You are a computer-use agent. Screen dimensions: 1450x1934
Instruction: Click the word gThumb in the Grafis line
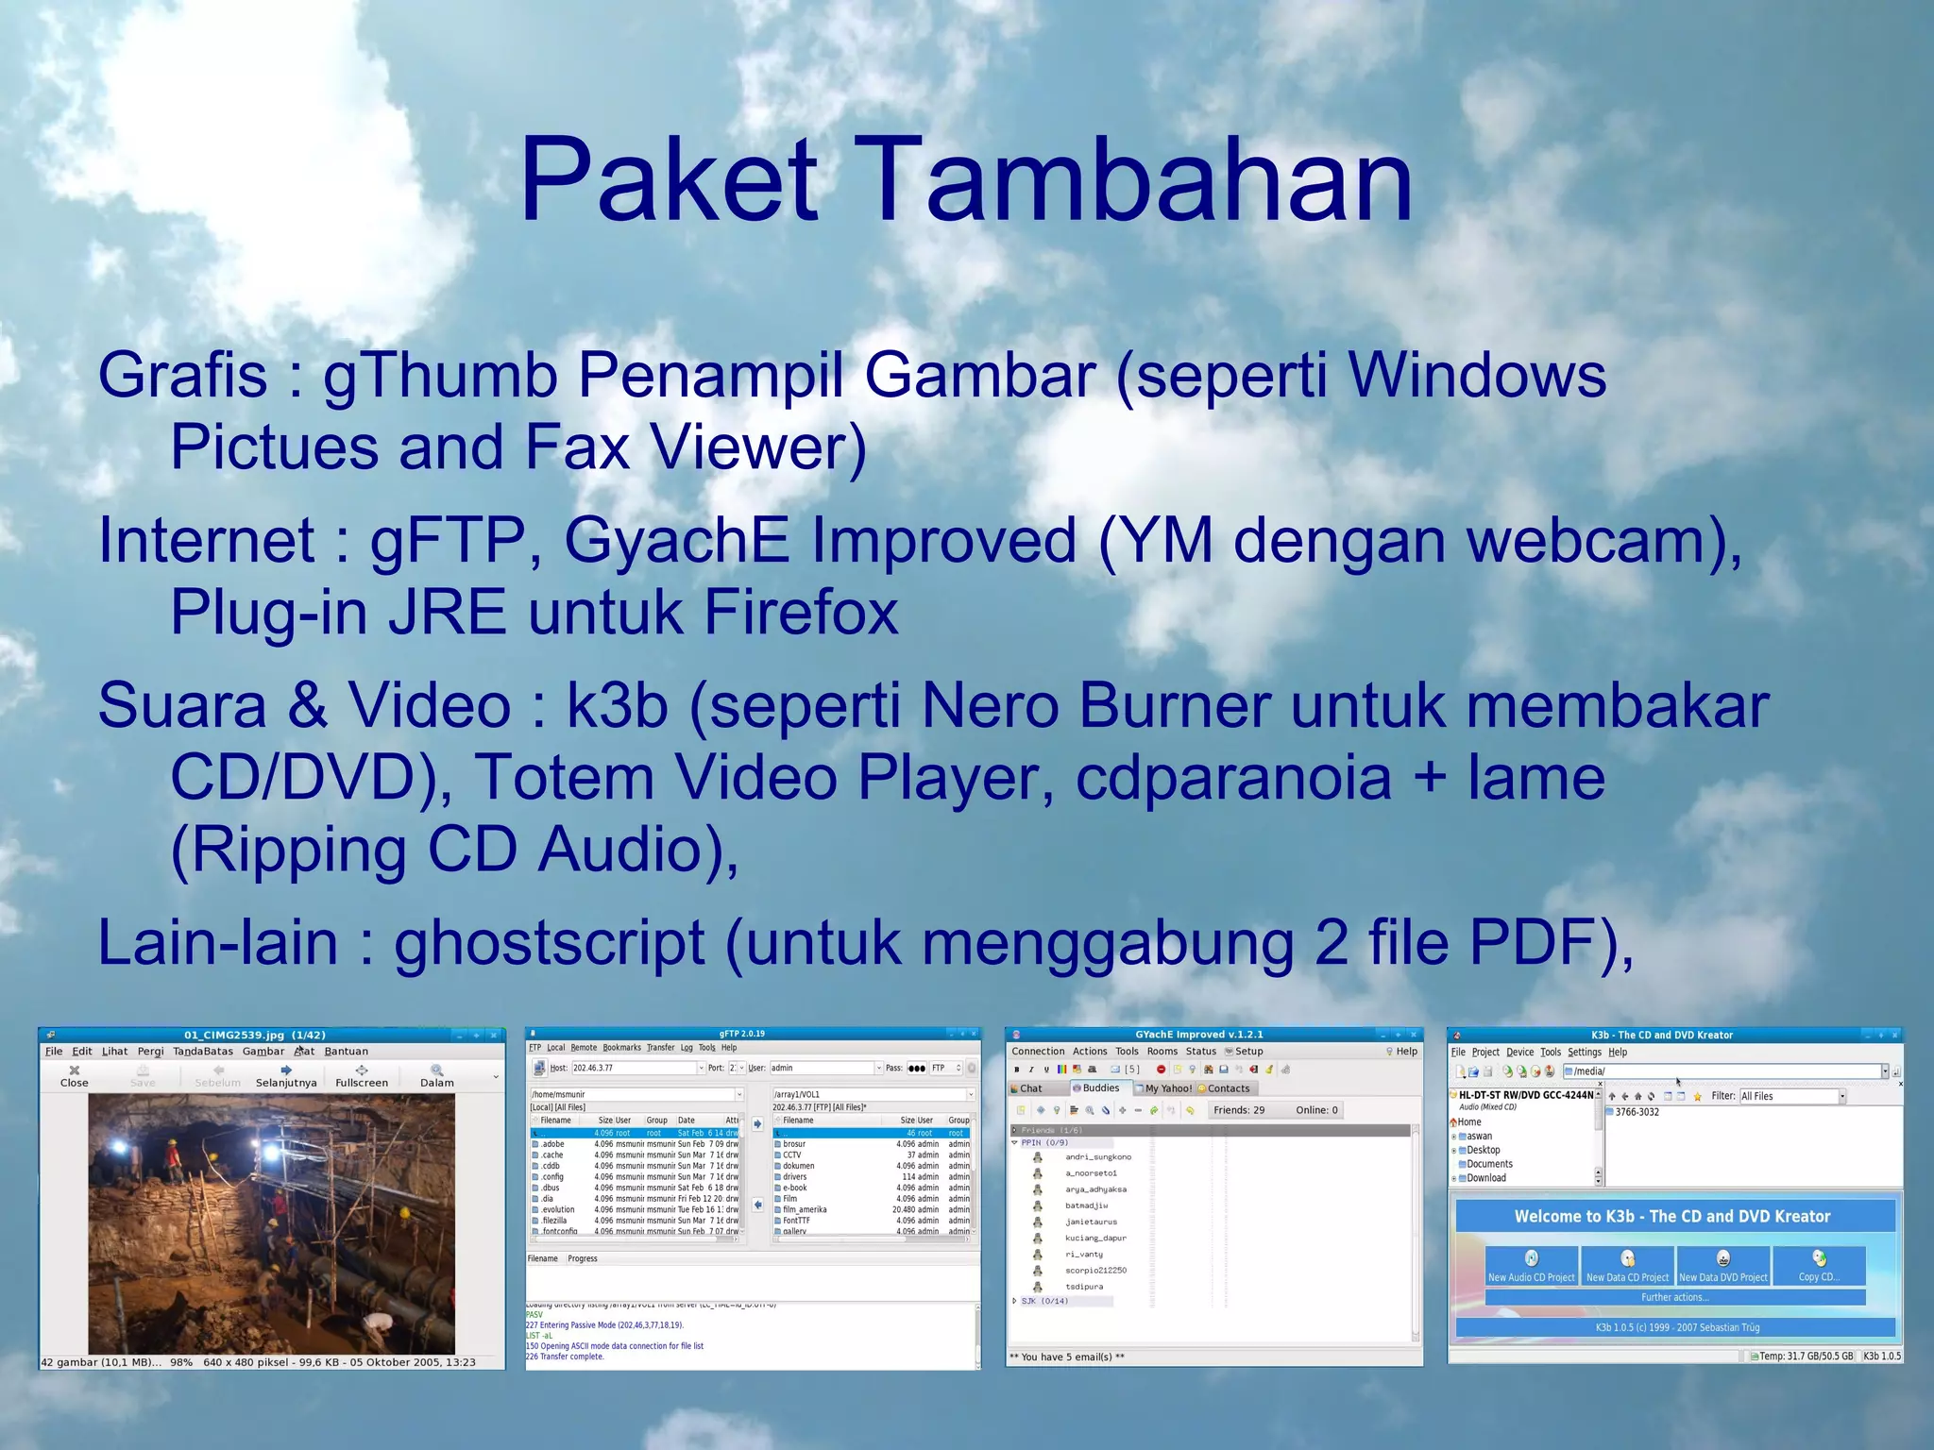(x=439, y=376)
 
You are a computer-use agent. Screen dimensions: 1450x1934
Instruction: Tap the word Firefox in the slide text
(x=801, y=613)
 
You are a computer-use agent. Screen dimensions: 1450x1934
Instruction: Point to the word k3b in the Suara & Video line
(x=617, y=706)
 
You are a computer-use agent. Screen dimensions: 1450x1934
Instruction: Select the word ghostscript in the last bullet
(x=549, y=943)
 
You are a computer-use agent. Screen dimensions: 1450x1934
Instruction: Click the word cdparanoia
(x=1233, y=778)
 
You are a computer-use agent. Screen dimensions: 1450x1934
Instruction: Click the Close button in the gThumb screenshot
(x=74, y=1076)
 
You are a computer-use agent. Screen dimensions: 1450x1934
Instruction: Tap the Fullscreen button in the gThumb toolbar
(x=361, y=1076)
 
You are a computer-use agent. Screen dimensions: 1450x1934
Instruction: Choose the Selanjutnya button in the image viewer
(x=285, y=1076)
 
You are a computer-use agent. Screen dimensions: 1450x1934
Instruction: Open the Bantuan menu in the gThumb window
(x=346, y=1051)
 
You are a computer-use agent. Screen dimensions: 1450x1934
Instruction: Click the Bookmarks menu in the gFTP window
(x=621, y=1048)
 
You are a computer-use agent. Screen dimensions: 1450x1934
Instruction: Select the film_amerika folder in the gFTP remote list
(x=804, y=1209)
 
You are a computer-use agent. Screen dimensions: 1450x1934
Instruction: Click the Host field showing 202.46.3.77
(x=633, y=1068)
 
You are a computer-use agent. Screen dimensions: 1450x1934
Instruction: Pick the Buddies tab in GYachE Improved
(x=1100, y=1088)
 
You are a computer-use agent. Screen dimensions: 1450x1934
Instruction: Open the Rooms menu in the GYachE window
(x=1162, y=1051)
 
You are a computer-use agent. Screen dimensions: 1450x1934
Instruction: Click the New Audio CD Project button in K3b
(x=1531, y=1265)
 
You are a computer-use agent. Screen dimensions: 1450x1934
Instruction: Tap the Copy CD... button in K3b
(x=1818, y=1265)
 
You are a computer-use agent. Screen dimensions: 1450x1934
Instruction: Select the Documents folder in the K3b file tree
(x=1489, y=1164)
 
